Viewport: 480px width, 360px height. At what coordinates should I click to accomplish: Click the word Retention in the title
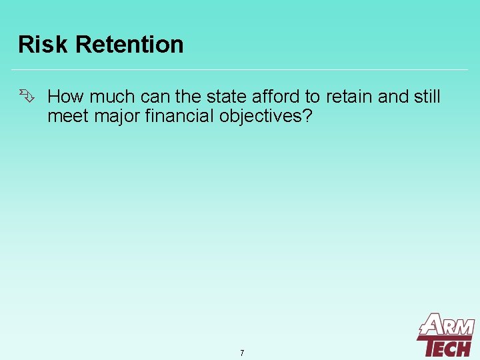point(129,45)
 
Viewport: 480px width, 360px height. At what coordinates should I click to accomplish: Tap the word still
point(427,97)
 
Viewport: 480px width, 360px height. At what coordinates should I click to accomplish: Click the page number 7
point(242,353)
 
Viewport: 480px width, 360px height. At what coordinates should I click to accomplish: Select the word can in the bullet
point(155,97)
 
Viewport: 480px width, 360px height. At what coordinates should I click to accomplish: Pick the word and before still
point(393,97)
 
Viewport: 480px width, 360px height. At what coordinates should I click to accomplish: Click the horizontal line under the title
point(240,69)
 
